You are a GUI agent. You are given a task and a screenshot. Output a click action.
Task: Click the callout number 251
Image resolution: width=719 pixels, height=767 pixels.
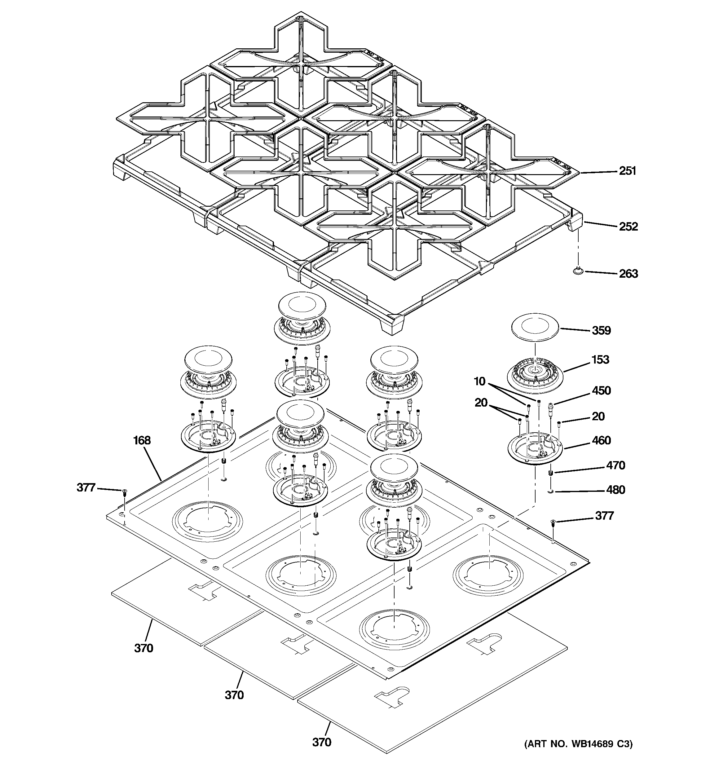627,171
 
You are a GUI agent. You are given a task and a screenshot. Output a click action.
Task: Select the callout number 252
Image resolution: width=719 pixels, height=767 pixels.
628,227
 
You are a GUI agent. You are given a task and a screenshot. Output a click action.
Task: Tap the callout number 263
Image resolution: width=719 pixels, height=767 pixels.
628,274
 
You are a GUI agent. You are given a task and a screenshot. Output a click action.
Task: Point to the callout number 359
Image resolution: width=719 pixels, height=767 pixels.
601,330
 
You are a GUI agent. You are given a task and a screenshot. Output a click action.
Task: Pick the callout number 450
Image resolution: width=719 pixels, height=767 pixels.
601,390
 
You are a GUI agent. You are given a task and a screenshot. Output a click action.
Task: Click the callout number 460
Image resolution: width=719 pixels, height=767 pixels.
601,440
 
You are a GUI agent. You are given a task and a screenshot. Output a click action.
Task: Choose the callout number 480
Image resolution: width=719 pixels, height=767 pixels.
615,490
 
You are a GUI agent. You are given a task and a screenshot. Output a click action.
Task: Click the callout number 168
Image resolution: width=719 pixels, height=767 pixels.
142,440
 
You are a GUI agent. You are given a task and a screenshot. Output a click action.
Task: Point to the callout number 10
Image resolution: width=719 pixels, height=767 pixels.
479,381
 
